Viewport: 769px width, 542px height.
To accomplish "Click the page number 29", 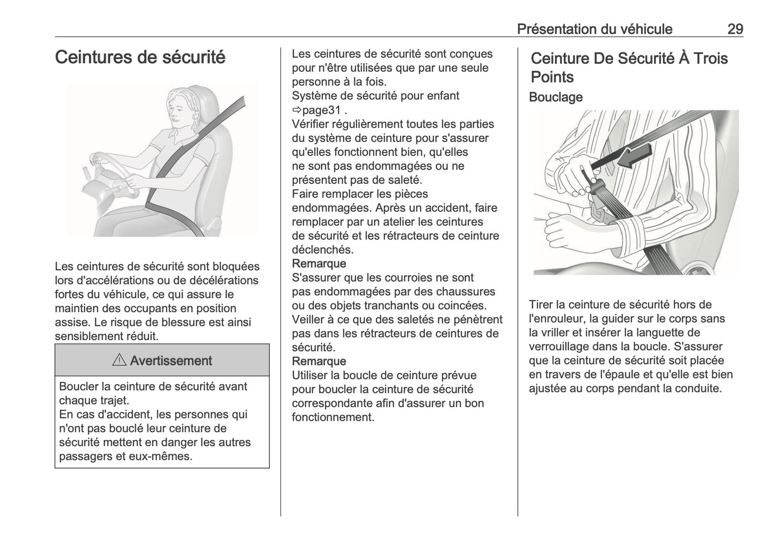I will tap(735, 29).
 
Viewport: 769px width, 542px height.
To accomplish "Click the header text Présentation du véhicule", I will tap(594, 29).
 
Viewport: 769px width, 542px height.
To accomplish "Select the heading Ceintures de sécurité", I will tap(140, 57).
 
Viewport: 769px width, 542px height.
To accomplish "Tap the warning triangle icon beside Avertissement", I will tap(119, 360).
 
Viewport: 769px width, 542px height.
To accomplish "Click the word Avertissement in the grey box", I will tap(171, 360).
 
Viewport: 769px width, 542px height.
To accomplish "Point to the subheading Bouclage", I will tap(556, 97).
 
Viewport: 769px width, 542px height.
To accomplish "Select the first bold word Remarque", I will tap(319, 264).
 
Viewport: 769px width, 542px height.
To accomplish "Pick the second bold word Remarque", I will tap(319, 362).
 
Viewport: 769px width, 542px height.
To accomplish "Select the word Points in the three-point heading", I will tap(552, 77).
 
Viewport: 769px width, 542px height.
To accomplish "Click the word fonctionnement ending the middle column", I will tap(332, 417).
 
